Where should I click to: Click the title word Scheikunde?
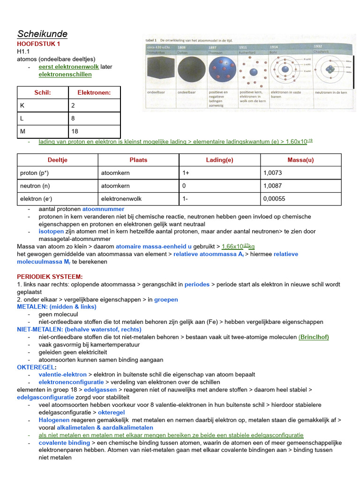[42, 34]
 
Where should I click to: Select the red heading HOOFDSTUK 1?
[38, 44]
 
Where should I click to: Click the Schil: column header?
[43, 93]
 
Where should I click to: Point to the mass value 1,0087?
[273, 186]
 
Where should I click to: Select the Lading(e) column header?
[219, 160]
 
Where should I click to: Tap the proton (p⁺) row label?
[34, 172]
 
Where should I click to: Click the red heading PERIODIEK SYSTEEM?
[50, 277]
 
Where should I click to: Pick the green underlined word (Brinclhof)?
[314, 337]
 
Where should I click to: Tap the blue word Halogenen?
[54, 420]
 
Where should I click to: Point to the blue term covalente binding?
[64, 442]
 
